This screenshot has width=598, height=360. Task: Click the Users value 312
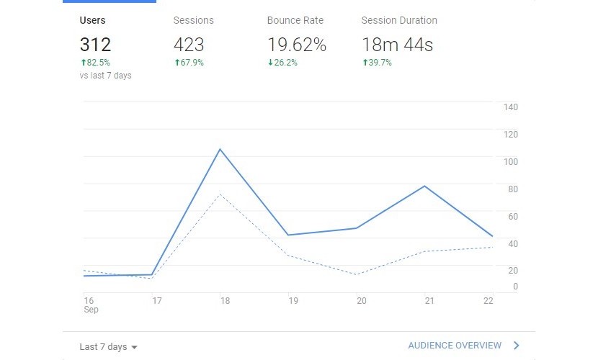95,45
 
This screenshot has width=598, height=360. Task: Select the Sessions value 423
189,45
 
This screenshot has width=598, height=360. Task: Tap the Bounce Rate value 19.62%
296,45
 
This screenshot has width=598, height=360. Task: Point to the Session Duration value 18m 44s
397,45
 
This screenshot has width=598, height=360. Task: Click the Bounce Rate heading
295,20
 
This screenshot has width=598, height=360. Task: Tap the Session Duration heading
399,20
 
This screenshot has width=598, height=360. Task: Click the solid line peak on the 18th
220,149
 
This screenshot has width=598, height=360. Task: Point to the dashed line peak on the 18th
220,194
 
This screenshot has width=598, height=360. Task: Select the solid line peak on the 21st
425,186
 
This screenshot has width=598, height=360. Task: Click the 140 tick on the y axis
511,107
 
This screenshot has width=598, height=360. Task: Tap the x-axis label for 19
293,301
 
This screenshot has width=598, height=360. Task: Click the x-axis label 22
488,301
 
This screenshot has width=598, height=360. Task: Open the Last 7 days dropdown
108,346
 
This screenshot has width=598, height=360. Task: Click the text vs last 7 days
105,76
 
